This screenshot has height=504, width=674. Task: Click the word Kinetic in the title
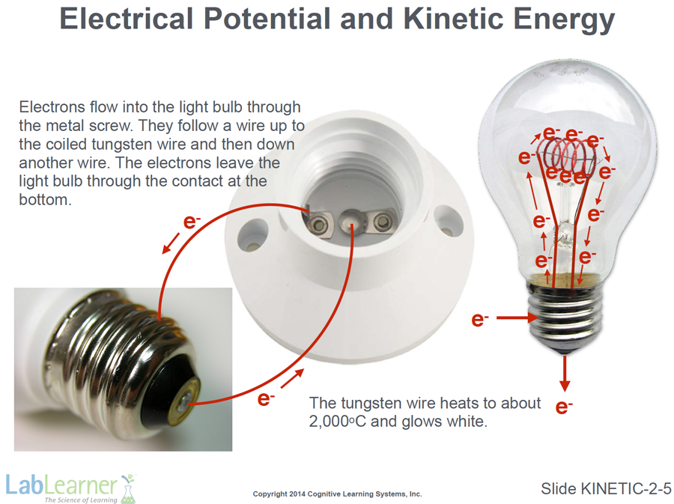click(x=454, y=19)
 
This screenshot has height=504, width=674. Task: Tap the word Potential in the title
click(x=267, y=19)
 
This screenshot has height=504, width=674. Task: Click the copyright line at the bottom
click(x=338, y=494)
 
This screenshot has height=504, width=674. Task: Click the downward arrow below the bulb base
click(x=565, y=373)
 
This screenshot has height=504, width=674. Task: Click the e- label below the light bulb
click(x=563, y=407)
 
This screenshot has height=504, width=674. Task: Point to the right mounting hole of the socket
click(x=448, y=220)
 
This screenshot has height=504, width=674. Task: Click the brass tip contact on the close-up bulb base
click(x=185, y=401)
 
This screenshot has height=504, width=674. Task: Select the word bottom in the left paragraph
click(x=45, y=200)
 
